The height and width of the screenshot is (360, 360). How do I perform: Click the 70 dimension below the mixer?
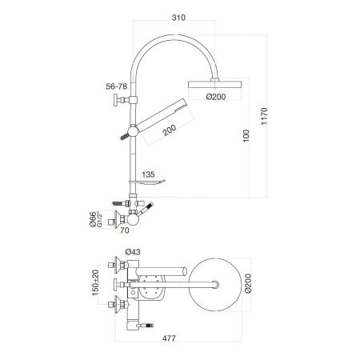tap(124, 232)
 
